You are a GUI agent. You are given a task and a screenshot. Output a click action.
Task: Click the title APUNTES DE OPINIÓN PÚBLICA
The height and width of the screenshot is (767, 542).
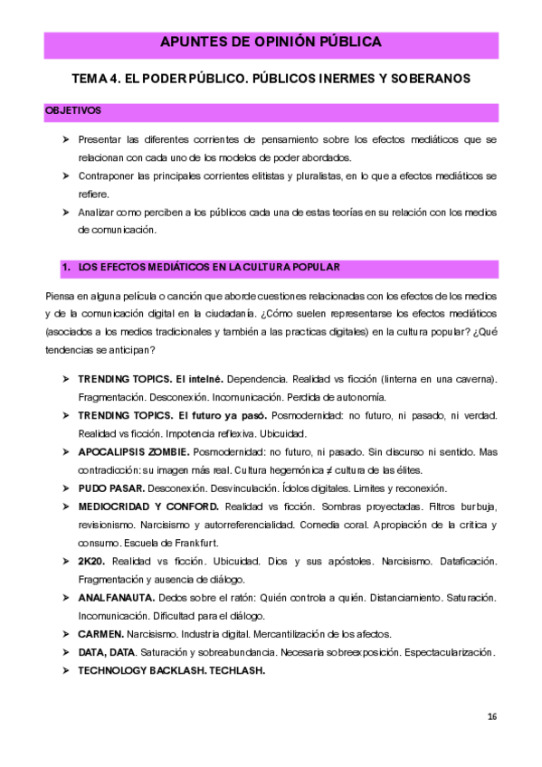click(x=271, y=43)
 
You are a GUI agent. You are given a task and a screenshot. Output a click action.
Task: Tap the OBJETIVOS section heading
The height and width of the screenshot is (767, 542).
click(x=72, y=111)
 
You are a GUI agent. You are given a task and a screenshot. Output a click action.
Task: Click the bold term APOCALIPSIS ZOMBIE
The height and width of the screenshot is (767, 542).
click(x=133, y=450)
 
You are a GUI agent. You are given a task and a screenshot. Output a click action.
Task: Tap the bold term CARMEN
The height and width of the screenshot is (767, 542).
click(x=100, y=634)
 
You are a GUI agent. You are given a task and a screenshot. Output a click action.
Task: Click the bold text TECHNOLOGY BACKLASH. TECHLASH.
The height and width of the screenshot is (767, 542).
click(x=171, y=670)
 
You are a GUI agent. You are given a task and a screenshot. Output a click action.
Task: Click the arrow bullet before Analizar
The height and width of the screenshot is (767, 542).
click(x=65, y=212)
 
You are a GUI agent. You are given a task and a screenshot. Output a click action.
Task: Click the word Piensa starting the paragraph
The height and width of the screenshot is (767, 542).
click(x=59, y=297)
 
